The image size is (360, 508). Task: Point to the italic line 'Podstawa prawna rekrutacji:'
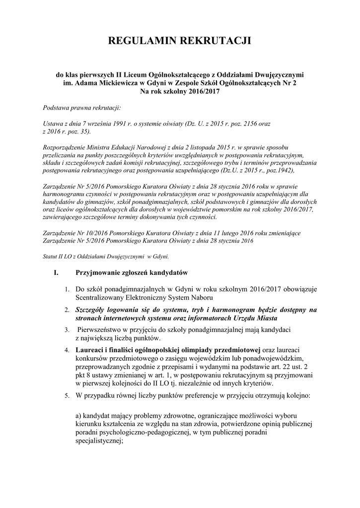[x=78, y=107]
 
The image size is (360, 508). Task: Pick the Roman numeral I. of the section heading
[x=56, y=272]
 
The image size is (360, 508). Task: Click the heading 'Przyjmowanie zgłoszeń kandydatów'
[x=131, y=272]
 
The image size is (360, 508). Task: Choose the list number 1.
[x=67, y=289]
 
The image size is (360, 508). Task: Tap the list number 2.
[x=67, y=311]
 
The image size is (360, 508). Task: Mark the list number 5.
[x=67, y=397]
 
